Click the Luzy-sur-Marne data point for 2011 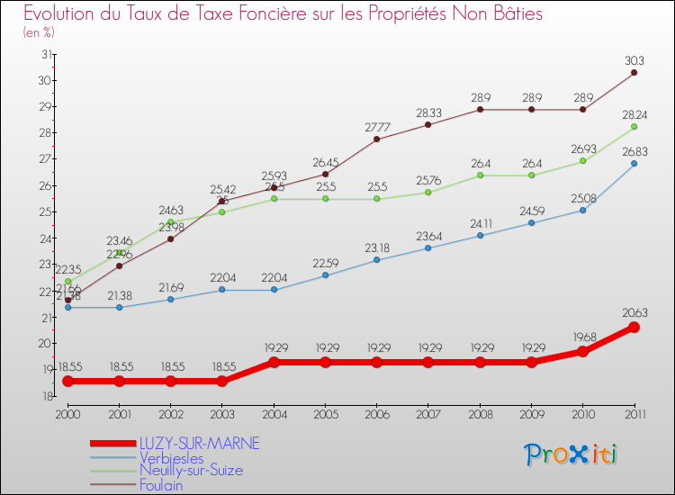click(634, 327)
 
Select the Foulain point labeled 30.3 click(634, 72)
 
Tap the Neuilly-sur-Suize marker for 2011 click(634, 126)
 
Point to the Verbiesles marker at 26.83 click(634, 163)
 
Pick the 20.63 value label click(634, 313)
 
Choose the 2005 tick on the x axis click(325, 414)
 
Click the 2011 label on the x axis click(634, 414)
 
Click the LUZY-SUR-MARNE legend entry click(199, 443)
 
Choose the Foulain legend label click(161, 485)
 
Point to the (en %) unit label click(39, 31)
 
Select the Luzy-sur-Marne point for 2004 click(274, 362)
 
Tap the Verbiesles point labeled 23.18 click(376, 260)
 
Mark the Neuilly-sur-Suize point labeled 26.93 click(582, 160)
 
